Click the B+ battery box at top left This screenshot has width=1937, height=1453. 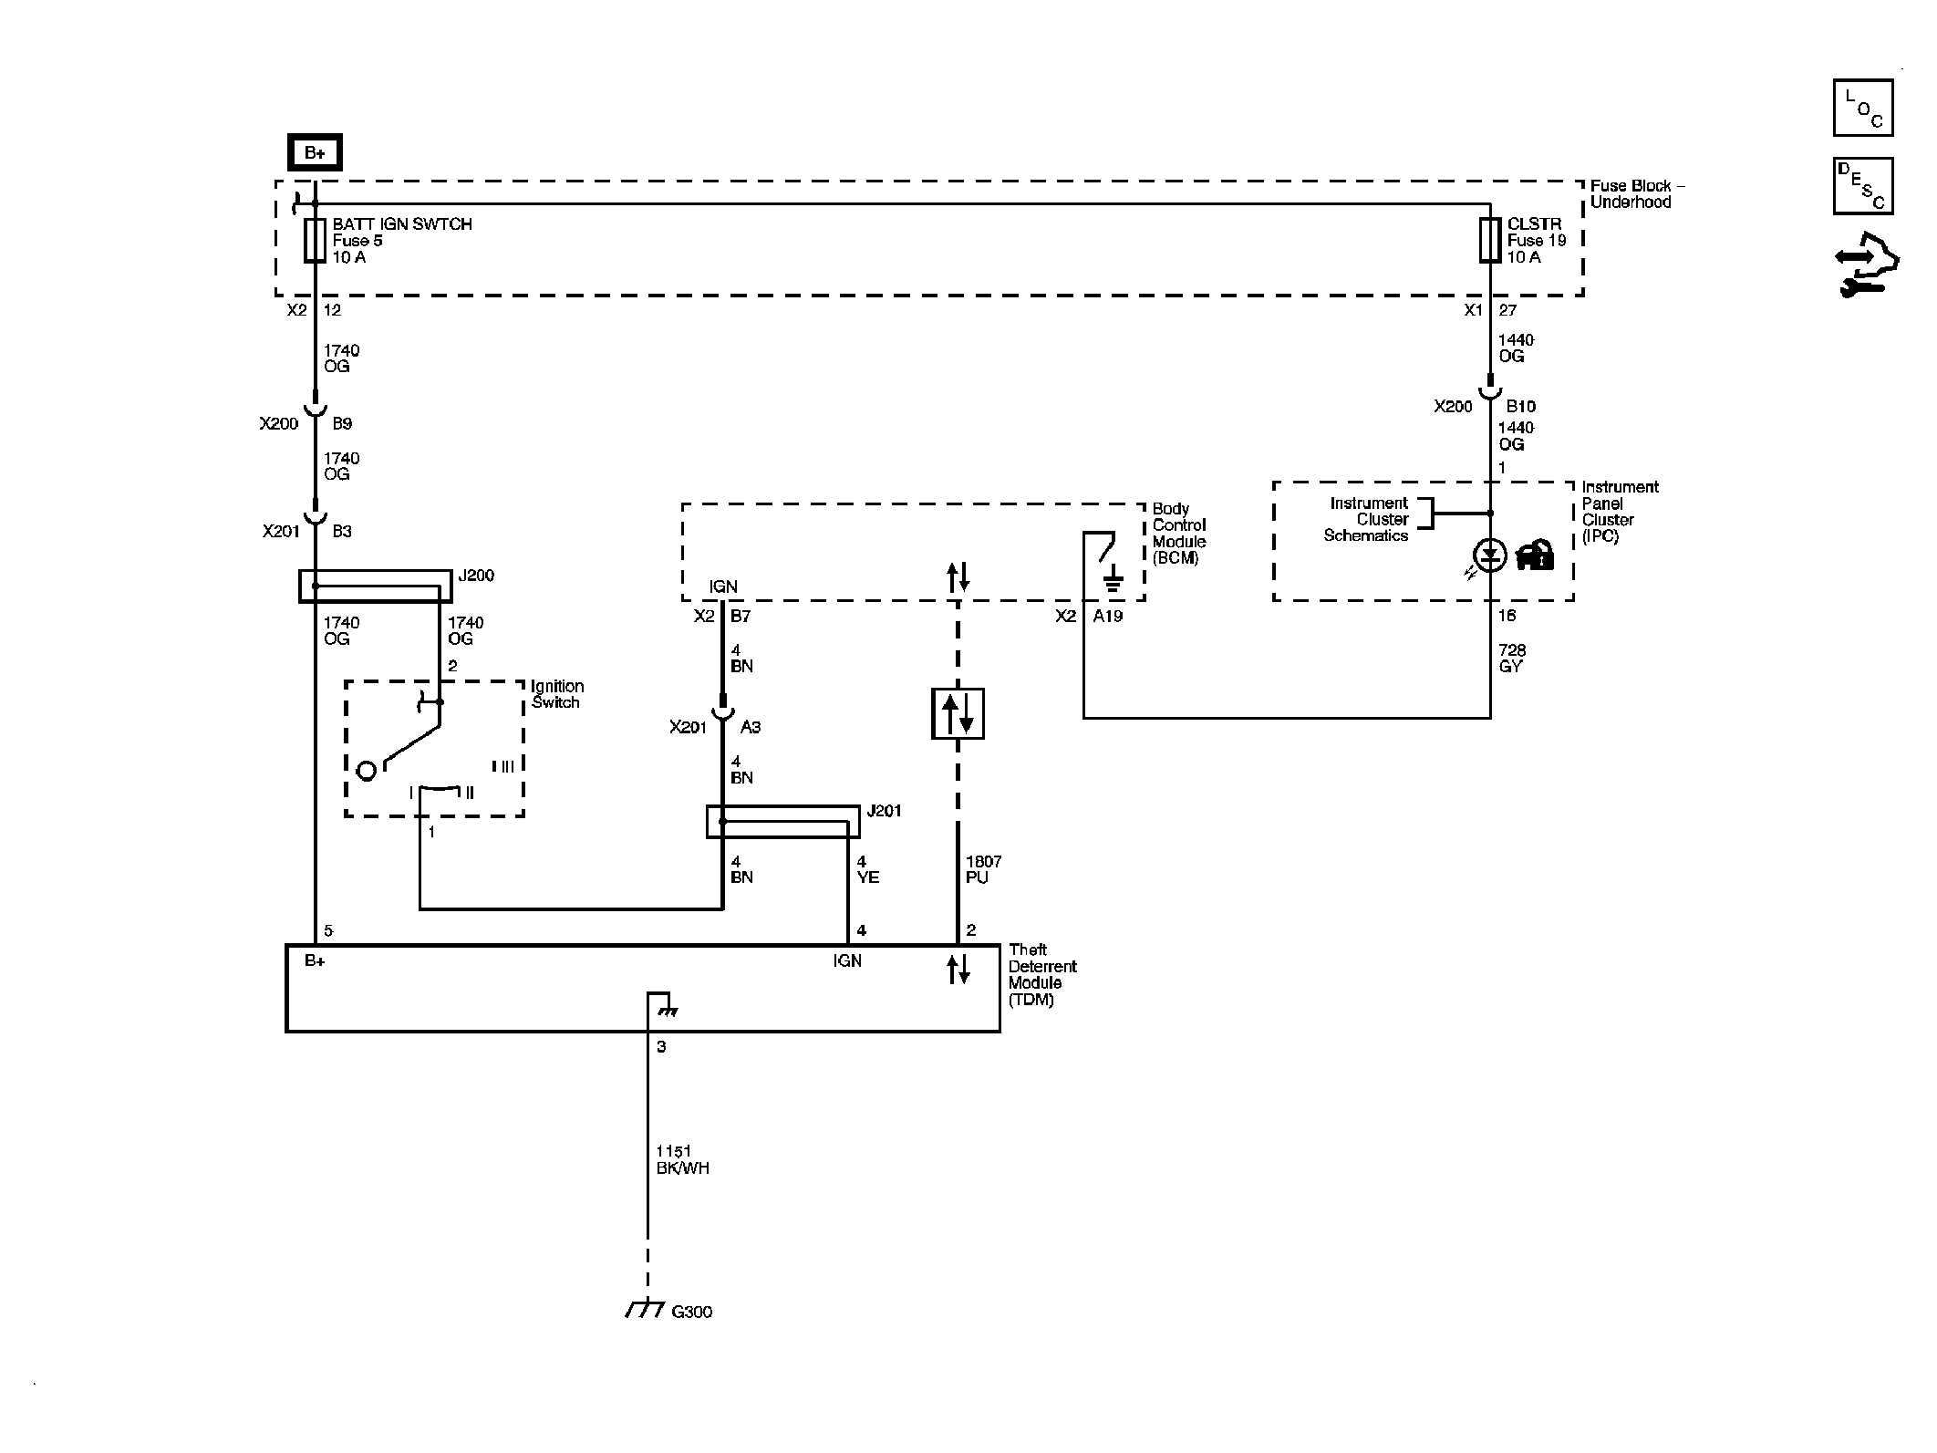[x=315, y=152]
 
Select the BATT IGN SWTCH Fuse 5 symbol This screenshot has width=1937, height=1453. [x=315, y=240]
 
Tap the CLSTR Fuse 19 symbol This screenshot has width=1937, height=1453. [x=1490, y=240]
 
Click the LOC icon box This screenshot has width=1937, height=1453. [x=1863, y=108]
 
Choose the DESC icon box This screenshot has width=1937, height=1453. [x=1863, y=186]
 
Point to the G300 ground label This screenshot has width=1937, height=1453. [x=691, y=1312]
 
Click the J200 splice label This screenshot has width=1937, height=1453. [x=476, y=576]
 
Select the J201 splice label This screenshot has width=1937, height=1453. [x=884, y=811]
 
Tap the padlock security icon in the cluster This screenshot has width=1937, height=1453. [x=1535, y=555]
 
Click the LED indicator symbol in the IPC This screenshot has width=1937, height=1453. [x=1490, y=555]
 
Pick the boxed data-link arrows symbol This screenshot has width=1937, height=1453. [x=958, y=713]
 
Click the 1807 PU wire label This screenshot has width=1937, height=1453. [x=983, y=869]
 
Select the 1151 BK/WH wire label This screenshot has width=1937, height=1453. [x=682, y=1160]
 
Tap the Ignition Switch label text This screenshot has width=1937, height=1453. [x=557, y=694]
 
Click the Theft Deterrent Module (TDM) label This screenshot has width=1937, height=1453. [x=1042, y=974]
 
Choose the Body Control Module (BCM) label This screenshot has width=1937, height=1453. [x=1179, y=534]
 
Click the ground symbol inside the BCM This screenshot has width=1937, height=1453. [x=1112, y=578]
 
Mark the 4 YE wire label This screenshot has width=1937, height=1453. [x=867, y=869]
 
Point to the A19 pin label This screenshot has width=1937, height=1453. [x=1108, y=616]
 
